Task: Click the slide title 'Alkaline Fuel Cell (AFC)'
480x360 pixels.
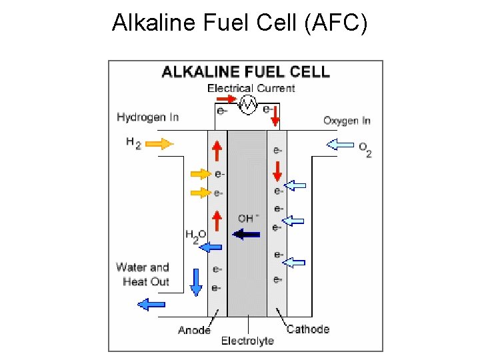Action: tap(239, 23)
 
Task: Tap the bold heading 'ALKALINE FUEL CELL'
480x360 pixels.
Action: tap(246, 71)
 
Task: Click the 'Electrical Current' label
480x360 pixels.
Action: tap(251, 88)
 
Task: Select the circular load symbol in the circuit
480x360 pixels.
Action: tap(248, 104)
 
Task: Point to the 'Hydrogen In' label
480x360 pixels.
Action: tap(147, 117)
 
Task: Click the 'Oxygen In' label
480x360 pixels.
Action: tap(347, 121)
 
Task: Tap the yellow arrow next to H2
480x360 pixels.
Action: tap(159, 143)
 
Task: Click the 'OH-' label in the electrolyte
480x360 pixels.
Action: tap(247, 218)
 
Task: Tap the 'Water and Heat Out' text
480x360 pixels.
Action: tap(143, 274)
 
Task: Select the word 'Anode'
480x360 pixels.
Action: tap(194, 330)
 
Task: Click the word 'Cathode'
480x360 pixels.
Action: tap(307, 329)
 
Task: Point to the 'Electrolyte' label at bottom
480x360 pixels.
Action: tap(247, 341)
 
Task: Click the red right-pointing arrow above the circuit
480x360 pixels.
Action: tap(227, 99)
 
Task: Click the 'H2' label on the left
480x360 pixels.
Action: tap(133, 143)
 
